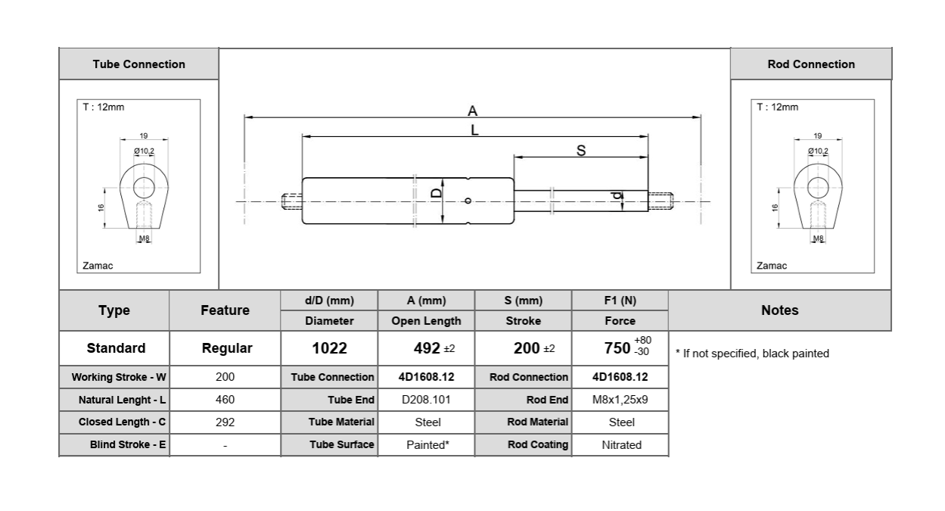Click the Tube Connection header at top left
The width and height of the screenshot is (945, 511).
138,64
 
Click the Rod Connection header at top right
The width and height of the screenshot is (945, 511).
811,64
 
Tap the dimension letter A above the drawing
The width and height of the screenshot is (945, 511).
473,111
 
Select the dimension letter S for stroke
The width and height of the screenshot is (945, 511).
581,151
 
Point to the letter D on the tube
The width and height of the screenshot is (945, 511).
437,193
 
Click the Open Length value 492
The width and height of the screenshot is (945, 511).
427,348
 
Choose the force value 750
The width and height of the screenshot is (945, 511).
618,348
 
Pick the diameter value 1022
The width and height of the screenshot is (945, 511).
329,348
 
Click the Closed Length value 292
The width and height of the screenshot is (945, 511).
225,422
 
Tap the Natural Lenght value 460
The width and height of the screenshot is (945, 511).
225,399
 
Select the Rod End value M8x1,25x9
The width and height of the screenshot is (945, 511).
621,399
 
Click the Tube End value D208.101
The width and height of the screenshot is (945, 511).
427,399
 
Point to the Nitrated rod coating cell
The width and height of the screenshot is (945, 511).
621,444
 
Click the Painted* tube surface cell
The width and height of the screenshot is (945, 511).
427,444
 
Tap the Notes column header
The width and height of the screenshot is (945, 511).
779,310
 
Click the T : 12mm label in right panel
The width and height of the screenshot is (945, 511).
777,107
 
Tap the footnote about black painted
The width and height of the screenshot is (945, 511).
752,354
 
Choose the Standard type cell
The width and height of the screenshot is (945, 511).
115,348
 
